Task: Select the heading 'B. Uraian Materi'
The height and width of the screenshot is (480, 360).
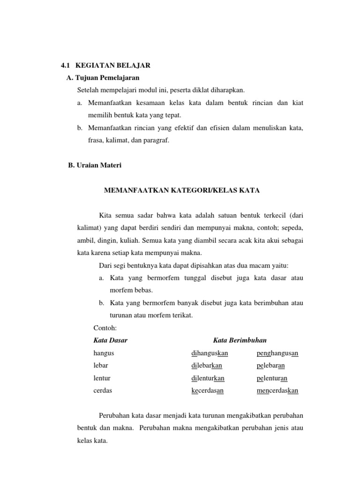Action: click(95, 165)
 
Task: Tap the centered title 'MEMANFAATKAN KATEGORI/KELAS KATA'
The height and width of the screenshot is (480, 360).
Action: click(181, 190)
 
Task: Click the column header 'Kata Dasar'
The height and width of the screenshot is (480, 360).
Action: click(111, 340)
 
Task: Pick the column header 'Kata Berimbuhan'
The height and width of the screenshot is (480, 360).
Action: click(240, 340)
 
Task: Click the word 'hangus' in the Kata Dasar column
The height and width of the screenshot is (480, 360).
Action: click(104, 352)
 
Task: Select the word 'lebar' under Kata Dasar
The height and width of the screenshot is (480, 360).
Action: click(101, 365)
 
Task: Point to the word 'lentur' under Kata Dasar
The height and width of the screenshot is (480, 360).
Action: click(102, 378)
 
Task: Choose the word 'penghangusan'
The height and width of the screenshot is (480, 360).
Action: click(277, 352)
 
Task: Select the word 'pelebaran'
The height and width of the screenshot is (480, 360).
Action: click(271, 365)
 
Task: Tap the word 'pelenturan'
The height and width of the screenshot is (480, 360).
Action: click(272, 378)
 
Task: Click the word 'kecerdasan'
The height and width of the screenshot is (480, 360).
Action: click(207, 390)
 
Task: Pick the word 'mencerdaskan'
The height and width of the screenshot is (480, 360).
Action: click(277, 390)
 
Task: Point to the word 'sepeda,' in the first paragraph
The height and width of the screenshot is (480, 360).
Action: click(292, 228)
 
